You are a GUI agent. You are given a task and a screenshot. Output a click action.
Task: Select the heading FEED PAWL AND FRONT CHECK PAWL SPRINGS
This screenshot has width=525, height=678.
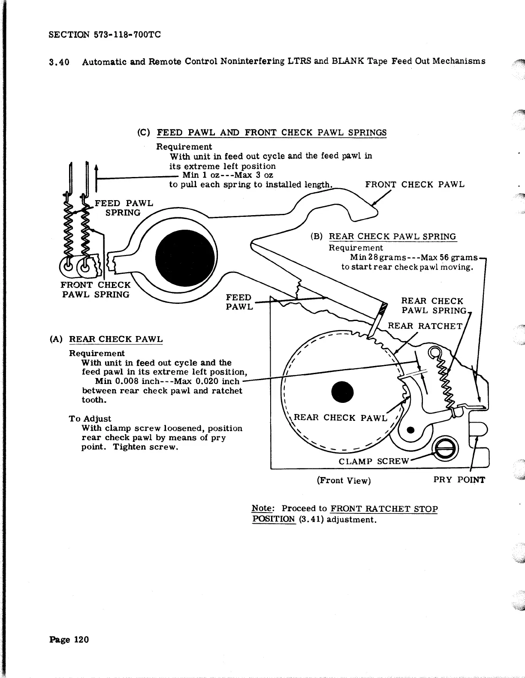(272, 132)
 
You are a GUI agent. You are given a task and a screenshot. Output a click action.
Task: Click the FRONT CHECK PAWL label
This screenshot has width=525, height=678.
(414, 185)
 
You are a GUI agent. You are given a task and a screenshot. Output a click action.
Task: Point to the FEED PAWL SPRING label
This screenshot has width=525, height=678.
(124, 208)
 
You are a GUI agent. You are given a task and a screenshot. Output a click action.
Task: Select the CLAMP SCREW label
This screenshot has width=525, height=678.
(374, 461)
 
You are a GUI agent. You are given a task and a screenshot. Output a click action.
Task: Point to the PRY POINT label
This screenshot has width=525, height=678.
(459, 480)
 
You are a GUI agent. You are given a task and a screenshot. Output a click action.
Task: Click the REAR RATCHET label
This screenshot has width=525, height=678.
(425, 326)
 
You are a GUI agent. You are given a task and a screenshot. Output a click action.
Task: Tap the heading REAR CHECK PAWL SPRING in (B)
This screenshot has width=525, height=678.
(392, 237)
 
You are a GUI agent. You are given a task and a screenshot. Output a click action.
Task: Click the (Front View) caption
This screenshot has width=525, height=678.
(344, 480)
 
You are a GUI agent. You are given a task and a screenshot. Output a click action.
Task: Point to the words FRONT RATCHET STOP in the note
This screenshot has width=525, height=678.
(384, 509)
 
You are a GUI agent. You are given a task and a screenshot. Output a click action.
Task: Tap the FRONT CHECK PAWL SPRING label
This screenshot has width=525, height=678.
(96, 290)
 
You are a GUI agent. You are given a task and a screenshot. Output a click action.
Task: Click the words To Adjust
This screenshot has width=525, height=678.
(90, 419)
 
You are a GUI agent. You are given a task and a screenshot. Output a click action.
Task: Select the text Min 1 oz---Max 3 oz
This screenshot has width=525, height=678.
(228, 175)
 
